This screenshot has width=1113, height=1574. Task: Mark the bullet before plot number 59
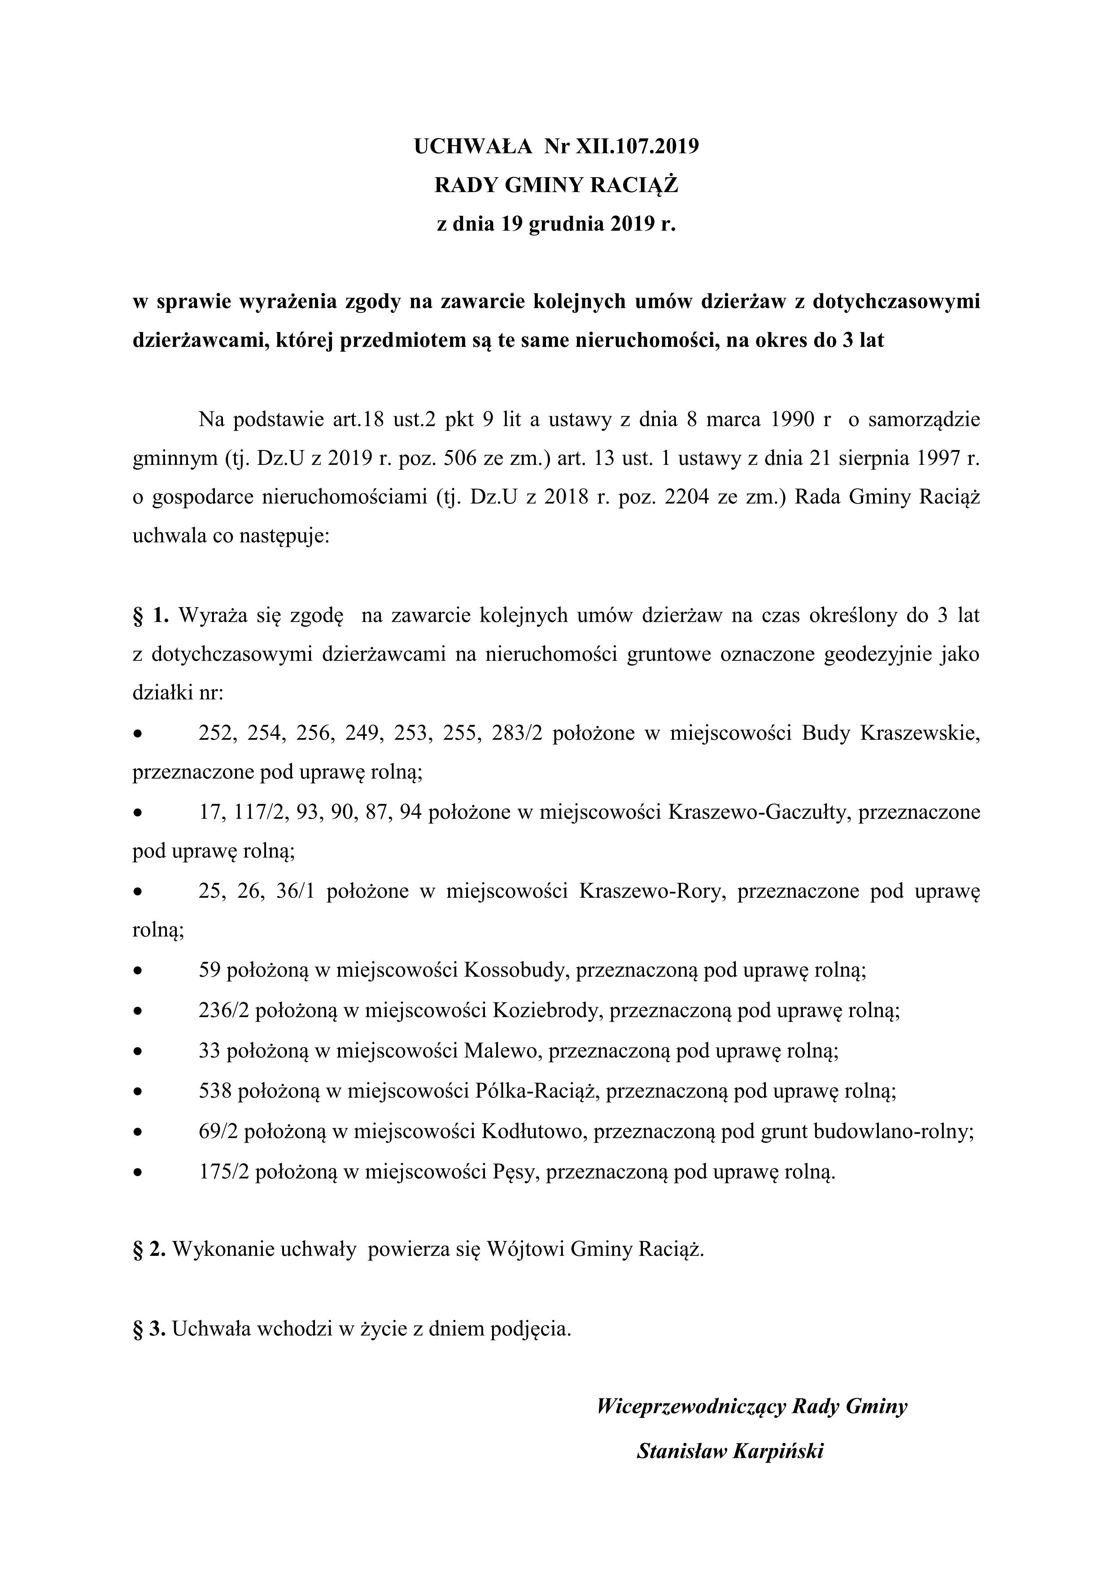pos(139,971)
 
